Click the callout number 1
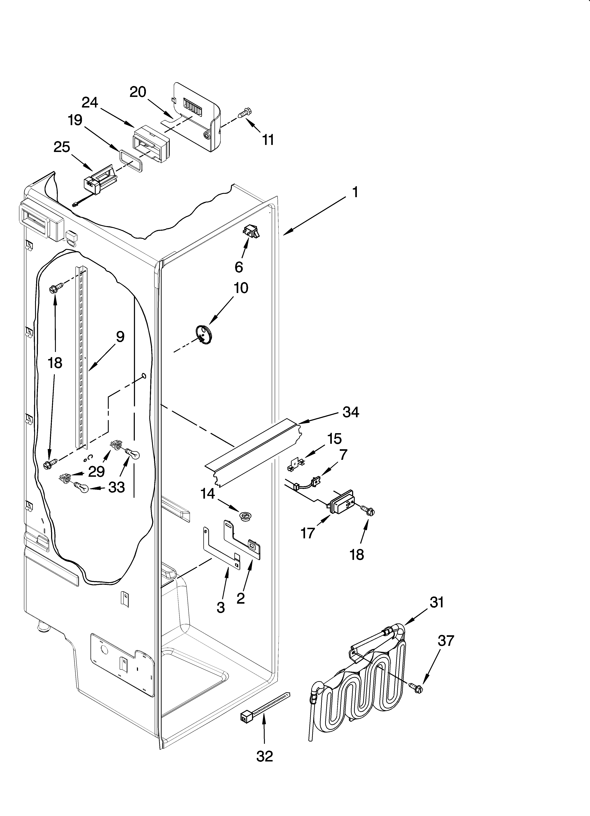(355, 193)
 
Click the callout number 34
(351, 412)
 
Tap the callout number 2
(240, 598)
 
